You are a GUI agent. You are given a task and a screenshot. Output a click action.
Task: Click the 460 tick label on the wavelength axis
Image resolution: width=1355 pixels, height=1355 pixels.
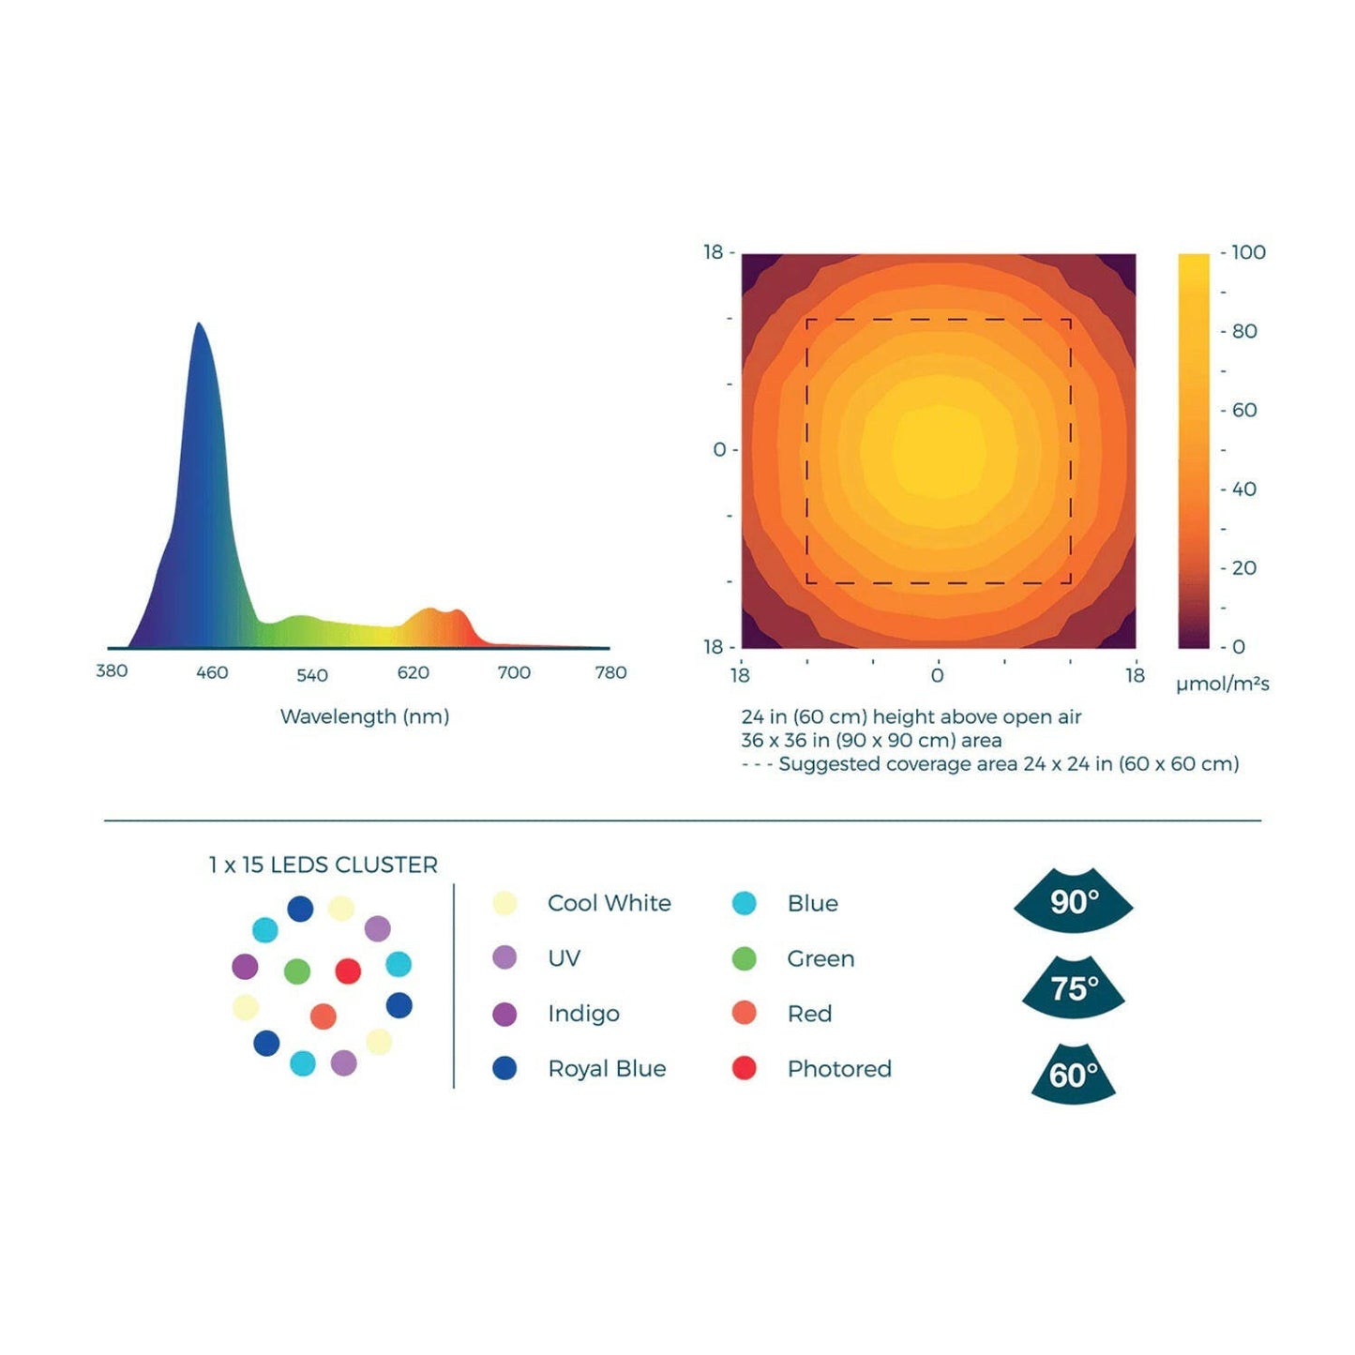[212, 672]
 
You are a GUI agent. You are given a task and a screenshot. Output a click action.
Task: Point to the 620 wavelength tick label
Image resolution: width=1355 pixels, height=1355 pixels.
[413, 672]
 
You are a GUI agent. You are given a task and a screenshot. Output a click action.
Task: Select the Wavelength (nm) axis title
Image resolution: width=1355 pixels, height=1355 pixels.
[365, 716]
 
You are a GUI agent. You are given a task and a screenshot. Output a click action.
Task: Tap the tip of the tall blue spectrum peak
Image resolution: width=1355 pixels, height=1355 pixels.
[199, 324]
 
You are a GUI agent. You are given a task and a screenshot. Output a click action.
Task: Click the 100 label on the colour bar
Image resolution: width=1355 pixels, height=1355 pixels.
[1248, 252]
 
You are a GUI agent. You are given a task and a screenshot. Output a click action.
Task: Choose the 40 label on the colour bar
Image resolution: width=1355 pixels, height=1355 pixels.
[1244, 489]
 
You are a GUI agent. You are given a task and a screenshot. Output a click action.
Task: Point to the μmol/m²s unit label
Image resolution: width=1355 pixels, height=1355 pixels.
[1222, 684]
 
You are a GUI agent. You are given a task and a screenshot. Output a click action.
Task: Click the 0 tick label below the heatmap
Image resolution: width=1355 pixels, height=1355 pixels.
[937, 674]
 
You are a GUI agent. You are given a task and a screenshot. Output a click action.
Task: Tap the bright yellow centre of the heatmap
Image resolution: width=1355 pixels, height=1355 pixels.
[939, 451]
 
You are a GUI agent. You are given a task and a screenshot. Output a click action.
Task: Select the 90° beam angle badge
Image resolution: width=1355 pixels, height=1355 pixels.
[1074, 901]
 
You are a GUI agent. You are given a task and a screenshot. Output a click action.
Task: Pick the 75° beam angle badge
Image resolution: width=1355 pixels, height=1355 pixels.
[1074, 988]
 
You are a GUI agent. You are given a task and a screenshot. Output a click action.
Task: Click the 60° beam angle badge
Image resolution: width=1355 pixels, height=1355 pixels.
[1074, 1075]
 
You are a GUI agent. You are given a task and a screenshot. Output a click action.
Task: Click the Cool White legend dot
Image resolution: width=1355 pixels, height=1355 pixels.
[504, 903]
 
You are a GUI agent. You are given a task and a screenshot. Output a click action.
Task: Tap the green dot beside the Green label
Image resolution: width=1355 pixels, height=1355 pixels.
[744, 958]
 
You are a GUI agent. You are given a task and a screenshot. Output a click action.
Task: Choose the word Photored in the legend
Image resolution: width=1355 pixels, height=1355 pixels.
[839, 1068]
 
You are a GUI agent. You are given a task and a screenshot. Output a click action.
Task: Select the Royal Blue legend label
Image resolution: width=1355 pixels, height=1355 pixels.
[607, 1068]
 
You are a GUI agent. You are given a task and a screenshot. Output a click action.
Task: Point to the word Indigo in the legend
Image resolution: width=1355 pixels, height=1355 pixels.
[583, 1014]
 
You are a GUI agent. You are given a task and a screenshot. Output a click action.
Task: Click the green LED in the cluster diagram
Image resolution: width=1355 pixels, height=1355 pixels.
[297, 971]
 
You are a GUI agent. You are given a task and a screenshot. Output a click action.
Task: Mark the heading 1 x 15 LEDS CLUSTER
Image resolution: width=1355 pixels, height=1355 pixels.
[323, 865]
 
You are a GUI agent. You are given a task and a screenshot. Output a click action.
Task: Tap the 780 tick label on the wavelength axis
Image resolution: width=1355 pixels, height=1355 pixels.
[610, 672]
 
